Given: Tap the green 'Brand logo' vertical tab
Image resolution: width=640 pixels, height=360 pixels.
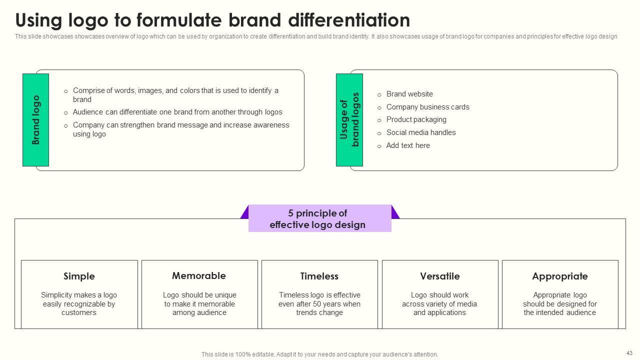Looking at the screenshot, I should [35, 120].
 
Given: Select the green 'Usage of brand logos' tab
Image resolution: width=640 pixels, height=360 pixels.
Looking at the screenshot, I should [349, 120].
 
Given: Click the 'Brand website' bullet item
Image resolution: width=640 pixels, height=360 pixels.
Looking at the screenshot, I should [409, 94].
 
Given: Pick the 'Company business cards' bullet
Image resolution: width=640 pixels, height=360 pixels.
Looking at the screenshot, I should [427, 107].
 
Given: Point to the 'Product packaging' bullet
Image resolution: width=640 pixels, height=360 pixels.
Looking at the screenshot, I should [416, 119].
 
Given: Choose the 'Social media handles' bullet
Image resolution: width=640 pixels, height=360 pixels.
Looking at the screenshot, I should [421, 132].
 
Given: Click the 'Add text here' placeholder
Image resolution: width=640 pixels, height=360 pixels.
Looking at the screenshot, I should [408, 145].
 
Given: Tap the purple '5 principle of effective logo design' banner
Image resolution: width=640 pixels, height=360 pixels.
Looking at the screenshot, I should [319, 219].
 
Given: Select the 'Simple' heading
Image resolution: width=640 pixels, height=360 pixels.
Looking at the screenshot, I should [79, 276].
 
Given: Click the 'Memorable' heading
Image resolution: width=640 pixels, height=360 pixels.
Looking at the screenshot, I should [199, 275].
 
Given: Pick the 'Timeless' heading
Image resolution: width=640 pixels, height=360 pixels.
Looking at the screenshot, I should [319, 276].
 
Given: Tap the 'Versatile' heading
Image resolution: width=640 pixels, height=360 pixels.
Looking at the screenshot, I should [440, 276].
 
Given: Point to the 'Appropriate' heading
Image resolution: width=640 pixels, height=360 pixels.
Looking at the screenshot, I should [560, 276].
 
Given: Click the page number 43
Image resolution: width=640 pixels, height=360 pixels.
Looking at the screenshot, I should [629, 353].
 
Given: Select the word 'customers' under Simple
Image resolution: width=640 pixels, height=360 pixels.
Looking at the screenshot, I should [79, 312].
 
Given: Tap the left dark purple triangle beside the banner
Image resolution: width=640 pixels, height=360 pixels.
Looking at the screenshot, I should [245, 213].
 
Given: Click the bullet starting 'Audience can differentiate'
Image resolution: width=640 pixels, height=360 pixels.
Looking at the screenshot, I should [177, 112].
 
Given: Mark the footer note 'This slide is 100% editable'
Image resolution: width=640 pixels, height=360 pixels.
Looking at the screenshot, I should [319, 354].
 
